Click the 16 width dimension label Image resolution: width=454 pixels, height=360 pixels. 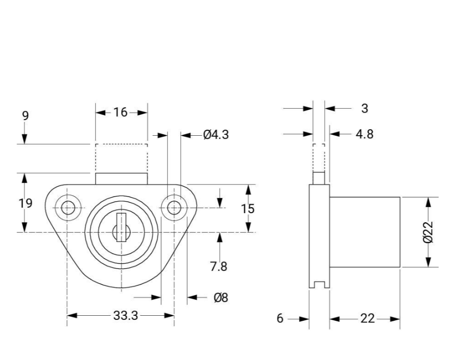coord(121,112)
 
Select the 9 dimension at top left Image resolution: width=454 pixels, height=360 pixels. coord(25,116)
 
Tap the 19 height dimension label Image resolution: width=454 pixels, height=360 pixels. coord(25,203)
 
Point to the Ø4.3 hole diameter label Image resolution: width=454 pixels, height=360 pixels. coord(215,135)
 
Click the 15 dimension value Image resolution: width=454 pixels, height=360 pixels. coord(248,209)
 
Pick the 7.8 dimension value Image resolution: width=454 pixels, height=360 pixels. coord(218,266)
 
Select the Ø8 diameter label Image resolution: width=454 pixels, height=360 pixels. coord(220,298)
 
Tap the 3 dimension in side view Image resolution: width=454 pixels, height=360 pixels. coord(364,108)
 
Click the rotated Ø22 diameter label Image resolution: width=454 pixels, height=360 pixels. coord(428,232)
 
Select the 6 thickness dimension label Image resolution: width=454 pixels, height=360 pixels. coord(280,319)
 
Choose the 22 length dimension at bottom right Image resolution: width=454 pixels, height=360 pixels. coord(368,319)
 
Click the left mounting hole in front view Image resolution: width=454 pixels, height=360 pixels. coord(67,207)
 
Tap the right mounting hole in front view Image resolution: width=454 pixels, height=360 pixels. coord(174,207)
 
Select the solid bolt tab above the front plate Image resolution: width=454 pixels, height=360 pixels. coord(121,178)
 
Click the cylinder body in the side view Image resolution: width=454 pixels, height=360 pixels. coord(365,232)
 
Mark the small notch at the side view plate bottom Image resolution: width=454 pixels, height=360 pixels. coord(319,286)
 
